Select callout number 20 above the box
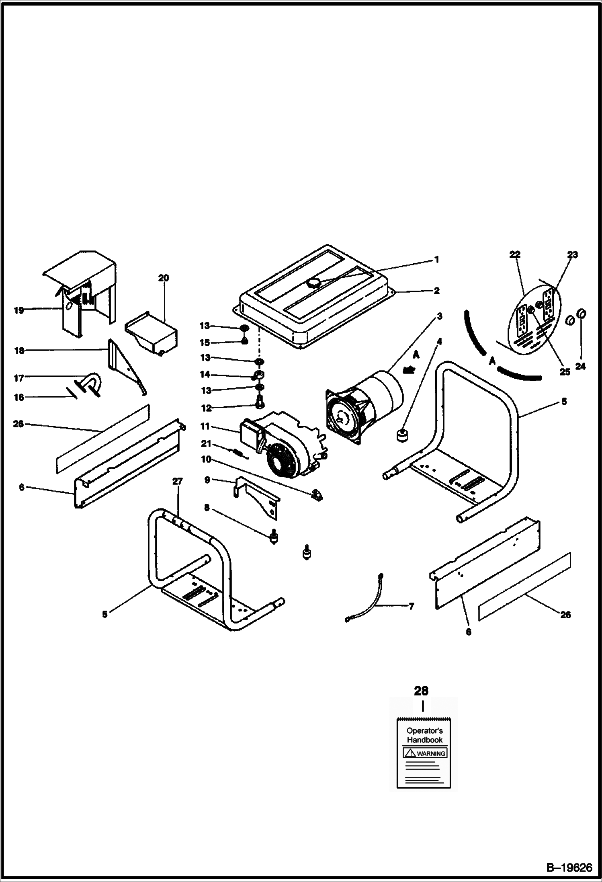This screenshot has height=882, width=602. [164, 278]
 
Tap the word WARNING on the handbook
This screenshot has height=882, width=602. [431, 754]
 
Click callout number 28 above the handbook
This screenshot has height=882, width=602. [421, 691]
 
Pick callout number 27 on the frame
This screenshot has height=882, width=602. [177, 481]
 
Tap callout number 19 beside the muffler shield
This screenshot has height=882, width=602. [19, 310]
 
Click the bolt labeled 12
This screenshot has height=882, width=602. [259, 400]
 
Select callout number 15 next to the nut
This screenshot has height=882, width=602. [205, 343]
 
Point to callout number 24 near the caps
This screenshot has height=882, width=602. [580, 366]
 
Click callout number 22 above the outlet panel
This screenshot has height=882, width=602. [515, 254]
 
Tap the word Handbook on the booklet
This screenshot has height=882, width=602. [424, 740]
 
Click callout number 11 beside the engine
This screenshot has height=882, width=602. [205, 426]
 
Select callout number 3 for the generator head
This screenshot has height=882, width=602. [439, 316]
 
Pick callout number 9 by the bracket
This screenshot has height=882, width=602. [207, 480]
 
